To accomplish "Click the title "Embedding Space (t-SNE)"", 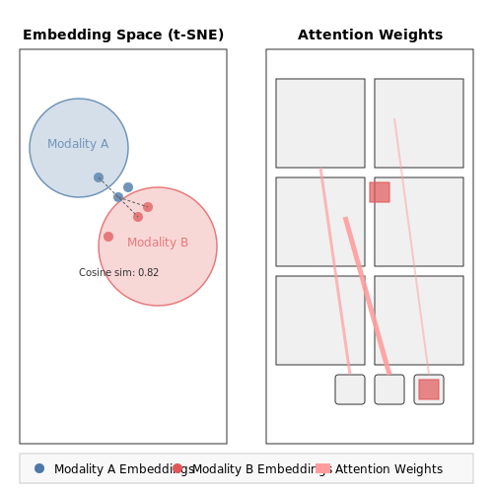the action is pos(123,35).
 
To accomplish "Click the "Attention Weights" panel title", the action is pos(370,35).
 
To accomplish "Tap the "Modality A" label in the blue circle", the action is pos(78,144).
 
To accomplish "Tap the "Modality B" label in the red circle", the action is pos(158,243).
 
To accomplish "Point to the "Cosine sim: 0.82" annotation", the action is pos(118,272).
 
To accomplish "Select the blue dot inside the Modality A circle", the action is pos(99,177).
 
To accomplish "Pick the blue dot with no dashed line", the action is pos(128,187).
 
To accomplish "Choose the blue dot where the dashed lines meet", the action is pos(118,197).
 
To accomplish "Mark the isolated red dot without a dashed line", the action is pos(108,237).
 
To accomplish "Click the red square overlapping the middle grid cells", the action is pos(380,192).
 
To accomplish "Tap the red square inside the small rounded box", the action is pos(429,389).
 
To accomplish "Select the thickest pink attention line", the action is pos(367,296).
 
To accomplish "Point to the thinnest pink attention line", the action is pos(411,246).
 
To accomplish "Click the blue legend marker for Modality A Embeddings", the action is pos(39,468).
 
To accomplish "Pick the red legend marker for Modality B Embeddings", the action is pos(177,468).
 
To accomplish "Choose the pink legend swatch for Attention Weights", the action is pos(322,468).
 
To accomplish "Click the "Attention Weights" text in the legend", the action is pos(388,469).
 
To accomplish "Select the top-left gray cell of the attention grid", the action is pos(320,123).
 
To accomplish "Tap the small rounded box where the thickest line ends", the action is pos(389,389).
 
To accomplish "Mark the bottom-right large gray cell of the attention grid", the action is pos(419,320).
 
